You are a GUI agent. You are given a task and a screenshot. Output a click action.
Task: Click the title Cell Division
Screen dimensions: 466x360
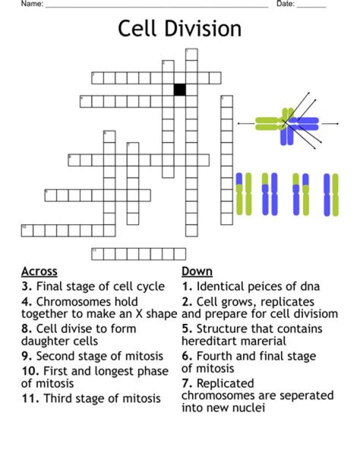click(x=179, y=29)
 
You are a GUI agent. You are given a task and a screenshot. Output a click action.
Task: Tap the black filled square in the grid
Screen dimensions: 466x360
click(x=180, y=90)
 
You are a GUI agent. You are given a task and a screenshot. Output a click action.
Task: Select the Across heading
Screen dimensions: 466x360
click(x=39, y=271)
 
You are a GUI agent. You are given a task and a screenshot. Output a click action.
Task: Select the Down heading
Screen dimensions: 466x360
click(x=197, y=271)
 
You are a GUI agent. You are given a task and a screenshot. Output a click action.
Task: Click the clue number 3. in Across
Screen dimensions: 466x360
click(x=27, y=287)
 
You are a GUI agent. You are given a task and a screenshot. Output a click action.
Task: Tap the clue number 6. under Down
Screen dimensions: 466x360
click(x=187, y=356)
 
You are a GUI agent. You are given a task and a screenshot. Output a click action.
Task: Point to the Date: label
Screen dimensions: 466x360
click(x=285, y=5)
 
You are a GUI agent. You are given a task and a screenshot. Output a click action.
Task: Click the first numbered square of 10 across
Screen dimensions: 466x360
click(x=27, y=230)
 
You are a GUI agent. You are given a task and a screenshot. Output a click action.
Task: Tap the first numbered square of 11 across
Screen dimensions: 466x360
click(x=97, y=254)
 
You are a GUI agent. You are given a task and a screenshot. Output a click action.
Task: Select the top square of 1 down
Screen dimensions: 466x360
click(x=191, y=54)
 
